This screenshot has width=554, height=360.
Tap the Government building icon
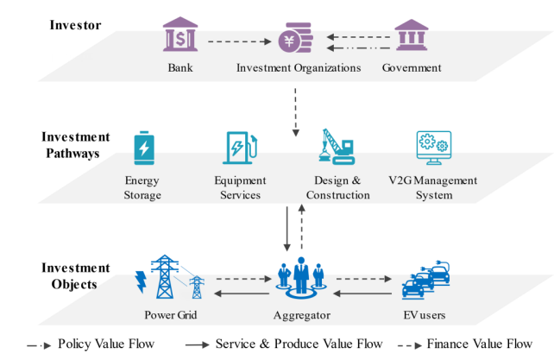tap(412, 36)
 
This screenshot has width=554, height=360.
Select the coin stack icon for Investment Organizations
tap(296, 38)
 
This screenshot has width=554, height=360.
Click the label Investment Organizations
tap(299, 68)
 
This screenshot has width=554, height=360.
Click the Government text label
tap(412, 68)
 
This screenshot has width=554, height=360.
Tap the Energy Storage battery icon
tap(143, 148)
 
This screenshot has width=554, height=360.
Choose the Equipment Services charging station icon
tap(240, 147)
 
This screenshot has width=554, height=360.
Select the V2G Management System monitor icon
tap(434, 147)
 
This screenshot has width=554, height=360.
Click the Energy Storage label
tap(143, 188)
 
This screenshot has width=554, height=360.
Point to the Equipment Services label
tap(240, 188)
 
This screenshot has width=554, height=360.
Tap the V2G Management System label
tap(434, 188)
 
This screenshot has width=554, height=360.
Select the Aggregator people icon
tap(302, 275)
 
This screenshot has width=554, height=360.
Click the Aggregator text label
tap(302, 316)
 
